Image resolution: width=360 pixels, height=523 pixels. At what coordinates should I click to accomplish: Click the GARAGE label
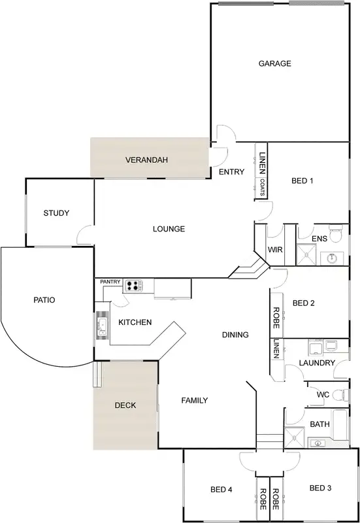pyautogui.click(x=274, y=63)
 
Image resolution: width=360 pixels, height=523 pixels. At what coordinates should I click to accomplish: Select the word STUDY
pyautogui.click(x=56, y=213)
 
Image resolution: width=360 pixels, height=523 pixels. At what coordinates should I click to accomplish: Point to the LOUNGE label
pyautogui.click(x=169, y=229)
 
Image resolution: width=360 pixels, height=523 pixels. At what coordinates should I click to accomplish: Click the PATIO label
pyautogui.click(x=44, y=300)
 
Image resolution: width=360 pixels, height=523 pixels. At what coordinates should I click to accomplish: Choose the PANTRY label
pyautogui.click(x=110, y=282)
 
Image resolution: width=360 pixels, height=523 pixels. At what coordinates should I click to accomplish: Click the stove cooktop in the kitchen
pyautogui.click(x=133, y=285)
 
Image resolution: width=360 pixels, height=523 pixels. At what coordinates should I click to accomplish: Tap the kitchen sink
pyautogui.click(x=102, y=325)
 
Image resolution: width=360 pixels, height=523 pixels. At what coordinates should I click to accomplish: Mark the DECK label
pyautogui.click(x=125, y=405)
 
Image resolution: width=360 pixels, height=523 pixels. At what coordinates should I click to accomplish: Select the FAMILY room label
pyautogui.click(x=194, y=400)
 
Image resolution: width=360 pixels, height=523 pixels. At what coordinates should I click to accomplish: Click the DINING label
pyautogui.click(x=235, y=335)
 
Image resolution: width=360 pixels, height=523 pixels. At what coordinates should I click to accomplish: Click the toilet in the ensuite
pyautogui.click(x=336, y=232)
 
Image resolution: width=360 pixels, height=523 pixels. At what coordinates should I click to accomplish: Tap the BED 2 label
pyautogui.click(x=304, y=303)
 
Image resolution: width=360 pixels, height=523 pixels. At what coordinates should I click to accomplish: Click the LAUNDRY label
pyautogui.click(x=317, y=363)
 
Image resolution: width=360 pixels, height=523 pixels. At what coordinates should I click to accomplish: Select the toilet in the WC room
pyautogui.click(x=340, y=394)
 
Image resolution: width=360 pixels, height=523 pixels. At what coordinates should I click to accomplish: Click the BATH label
pyautogui.click(x=319, y=424)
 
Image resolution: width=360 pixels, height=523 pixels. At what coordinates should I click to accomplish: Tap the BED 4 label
pyautogui.click(x=221, y=489)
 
